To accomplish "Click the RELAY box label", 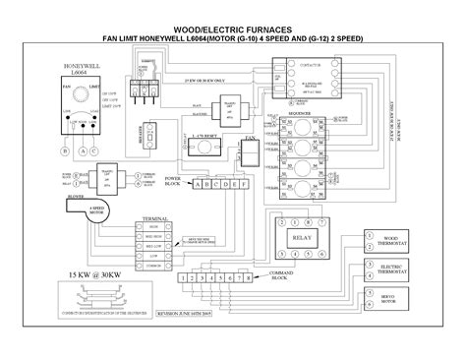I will click(x=298, y=239).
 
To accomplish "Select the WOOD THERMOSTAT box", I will click(x=394, y=240).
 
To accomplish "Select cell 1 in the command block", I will click(x=182, y=278).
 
